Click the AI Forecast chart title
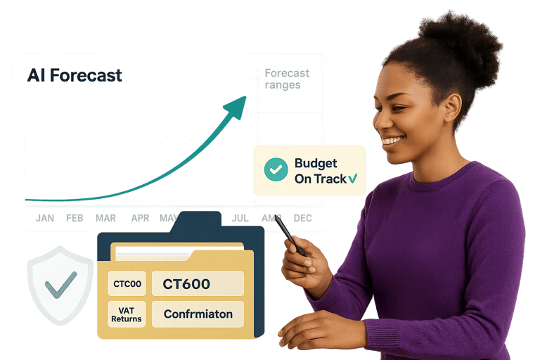(x=75, y=76)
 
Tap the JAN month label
(x=45, y=218)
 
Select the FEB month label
(x=75, y=218)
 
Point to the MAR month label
(x=105, y=218)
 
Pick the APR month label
(x=140, y=218)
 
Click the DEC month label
(x=302, y=218)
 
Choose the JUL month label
(x=240, y=218)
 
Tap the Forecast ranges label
(x=286, y=79)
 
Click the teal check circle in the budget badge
(x=276, y=169)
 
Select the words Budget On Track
(x=321, y=171)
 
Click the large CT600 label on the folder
(x=186, y=284)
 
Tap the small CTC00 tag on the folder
(x=127, y=285)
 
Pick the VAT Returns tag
(x=127, y=314)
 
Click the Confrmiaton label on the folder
(x=198, y=314)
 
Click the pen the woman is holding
(x=290, y=235)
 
